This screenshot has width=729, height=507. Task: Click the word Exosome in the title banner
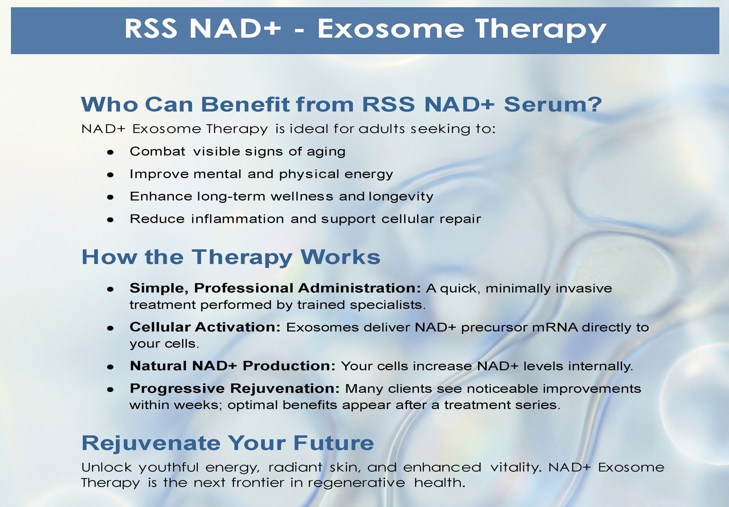click(x=391, y=28)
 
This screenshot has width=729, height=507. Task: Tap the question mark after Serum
click(x=594, y=104)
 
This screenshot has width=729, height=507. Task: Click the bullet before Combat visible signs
click(x=110, y=153)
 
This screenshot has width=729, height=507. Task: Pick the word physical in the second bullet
click(x=309, y=174)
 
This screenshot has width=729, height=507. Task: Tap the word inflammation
click(x=237, y=219)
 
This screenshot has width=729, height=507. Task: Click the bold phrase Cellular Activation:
click(x=205, y=327)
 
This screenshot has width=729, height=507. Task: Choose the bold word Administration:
click(x=359, y=288)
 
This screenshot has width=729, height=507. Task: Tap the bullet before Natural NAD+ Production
click(x=110, y=367)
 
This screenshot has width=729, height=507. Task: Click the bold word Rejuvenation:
click(x=285, y=389)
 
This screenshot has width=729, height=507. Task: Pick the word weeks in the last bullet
click(x=198, y=405)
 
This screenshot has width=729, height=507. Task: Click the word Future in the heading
click(x=334, y=443)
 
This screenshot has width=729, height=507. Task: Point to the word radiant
click(x=295, y=467)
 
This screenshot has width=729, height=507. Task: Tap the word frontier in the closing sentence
click(x=258, y=483)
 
